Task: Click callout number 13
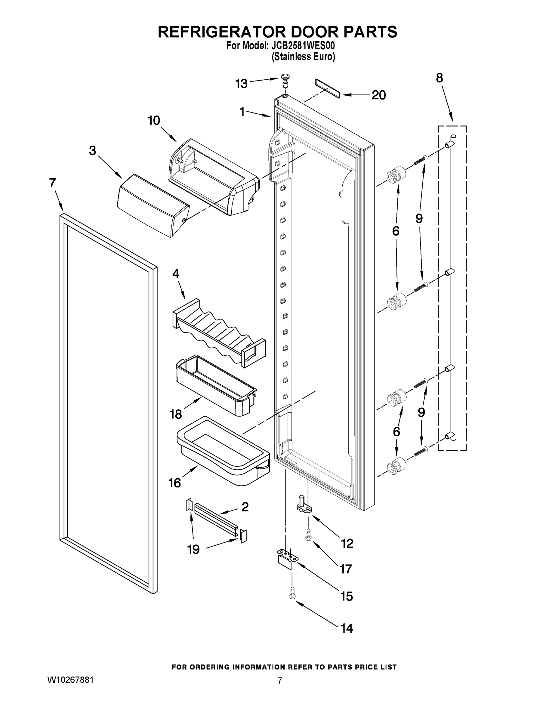(241, 84)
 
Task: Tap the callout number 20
(378, 95)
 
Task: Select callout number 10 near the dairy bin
(154, 121)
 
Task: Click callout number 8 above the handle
(439, 78)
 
